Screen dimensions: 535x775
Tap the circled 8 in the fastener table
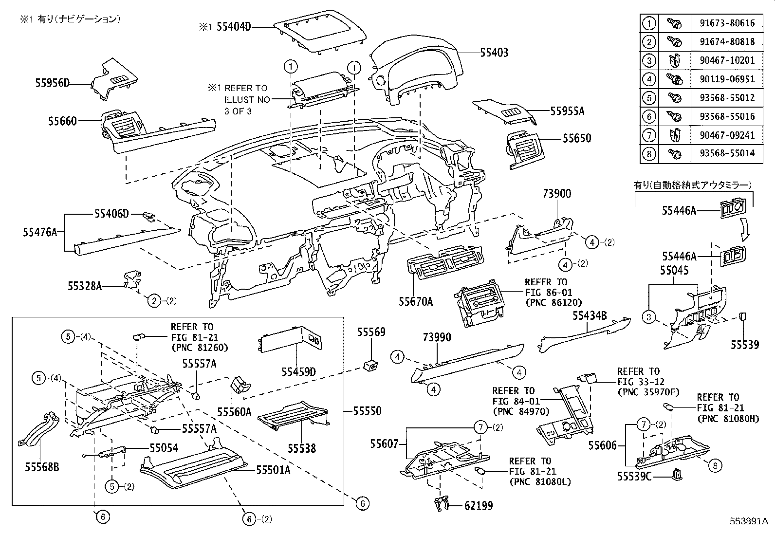(649, 153)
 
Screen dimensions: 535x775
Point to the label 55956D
(52, 83)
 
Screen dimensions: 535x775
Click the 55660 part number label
(62, 121)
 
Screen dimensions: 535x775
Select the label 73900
(556, 194)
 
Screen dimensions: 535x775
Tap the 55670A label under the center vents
(416, 302)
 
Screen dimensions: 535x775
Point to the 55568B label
(42, 467)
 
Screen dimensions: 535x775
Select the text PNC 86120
(553, 302)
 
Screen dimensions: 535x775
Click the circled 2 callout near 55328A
(154, 301)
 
